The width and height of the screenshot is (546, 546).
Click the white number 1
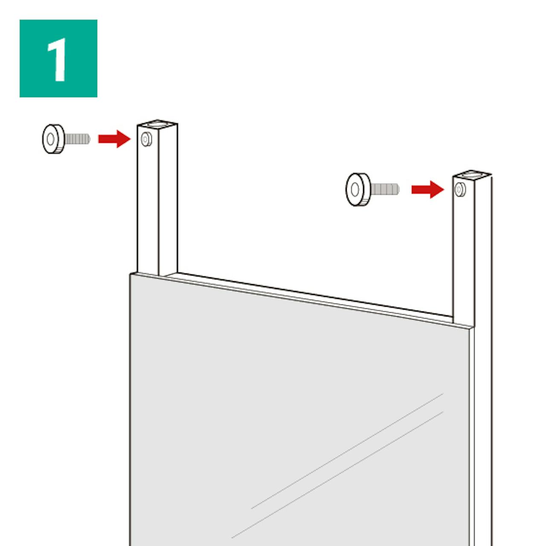pos(58,59)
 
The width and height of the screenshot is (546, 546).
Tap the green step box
pos(58,58)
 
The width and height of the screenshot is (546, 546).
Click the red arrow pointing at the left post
pos(114,139)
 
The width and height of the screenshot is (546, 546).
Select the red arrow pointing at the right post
pos(427,189)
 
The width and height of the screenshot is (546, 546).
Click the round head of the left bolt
pos(53,139)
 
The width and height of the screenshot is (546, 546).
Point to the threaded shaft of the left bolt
pos(77,139)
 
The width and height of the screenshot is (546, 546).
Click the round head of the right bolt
pos(358,189)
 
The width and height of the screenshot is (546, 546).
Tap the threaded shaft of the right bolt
pos(385,189)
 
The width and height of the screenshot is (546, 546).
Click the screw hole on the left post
pos(146,139)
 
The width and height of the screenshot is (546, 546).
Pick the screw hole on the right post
pos(460,189)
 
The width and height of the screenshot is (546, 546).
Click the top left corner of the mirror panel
pos(131,274)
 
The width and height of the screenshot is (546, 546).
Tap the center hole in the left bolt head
pos(50,139)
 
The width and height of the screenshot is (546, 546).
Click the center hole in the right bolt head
pos(355,189)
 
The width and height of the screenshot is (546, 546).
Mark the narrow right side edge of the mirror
pos(471,436)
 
